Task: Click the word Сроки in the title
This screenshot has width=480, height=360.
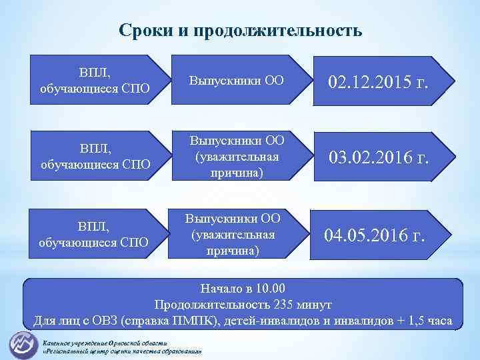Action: click(x=142, y=31)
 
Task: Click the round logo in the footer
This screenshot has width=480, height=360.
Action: click(x=23, y=344)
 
